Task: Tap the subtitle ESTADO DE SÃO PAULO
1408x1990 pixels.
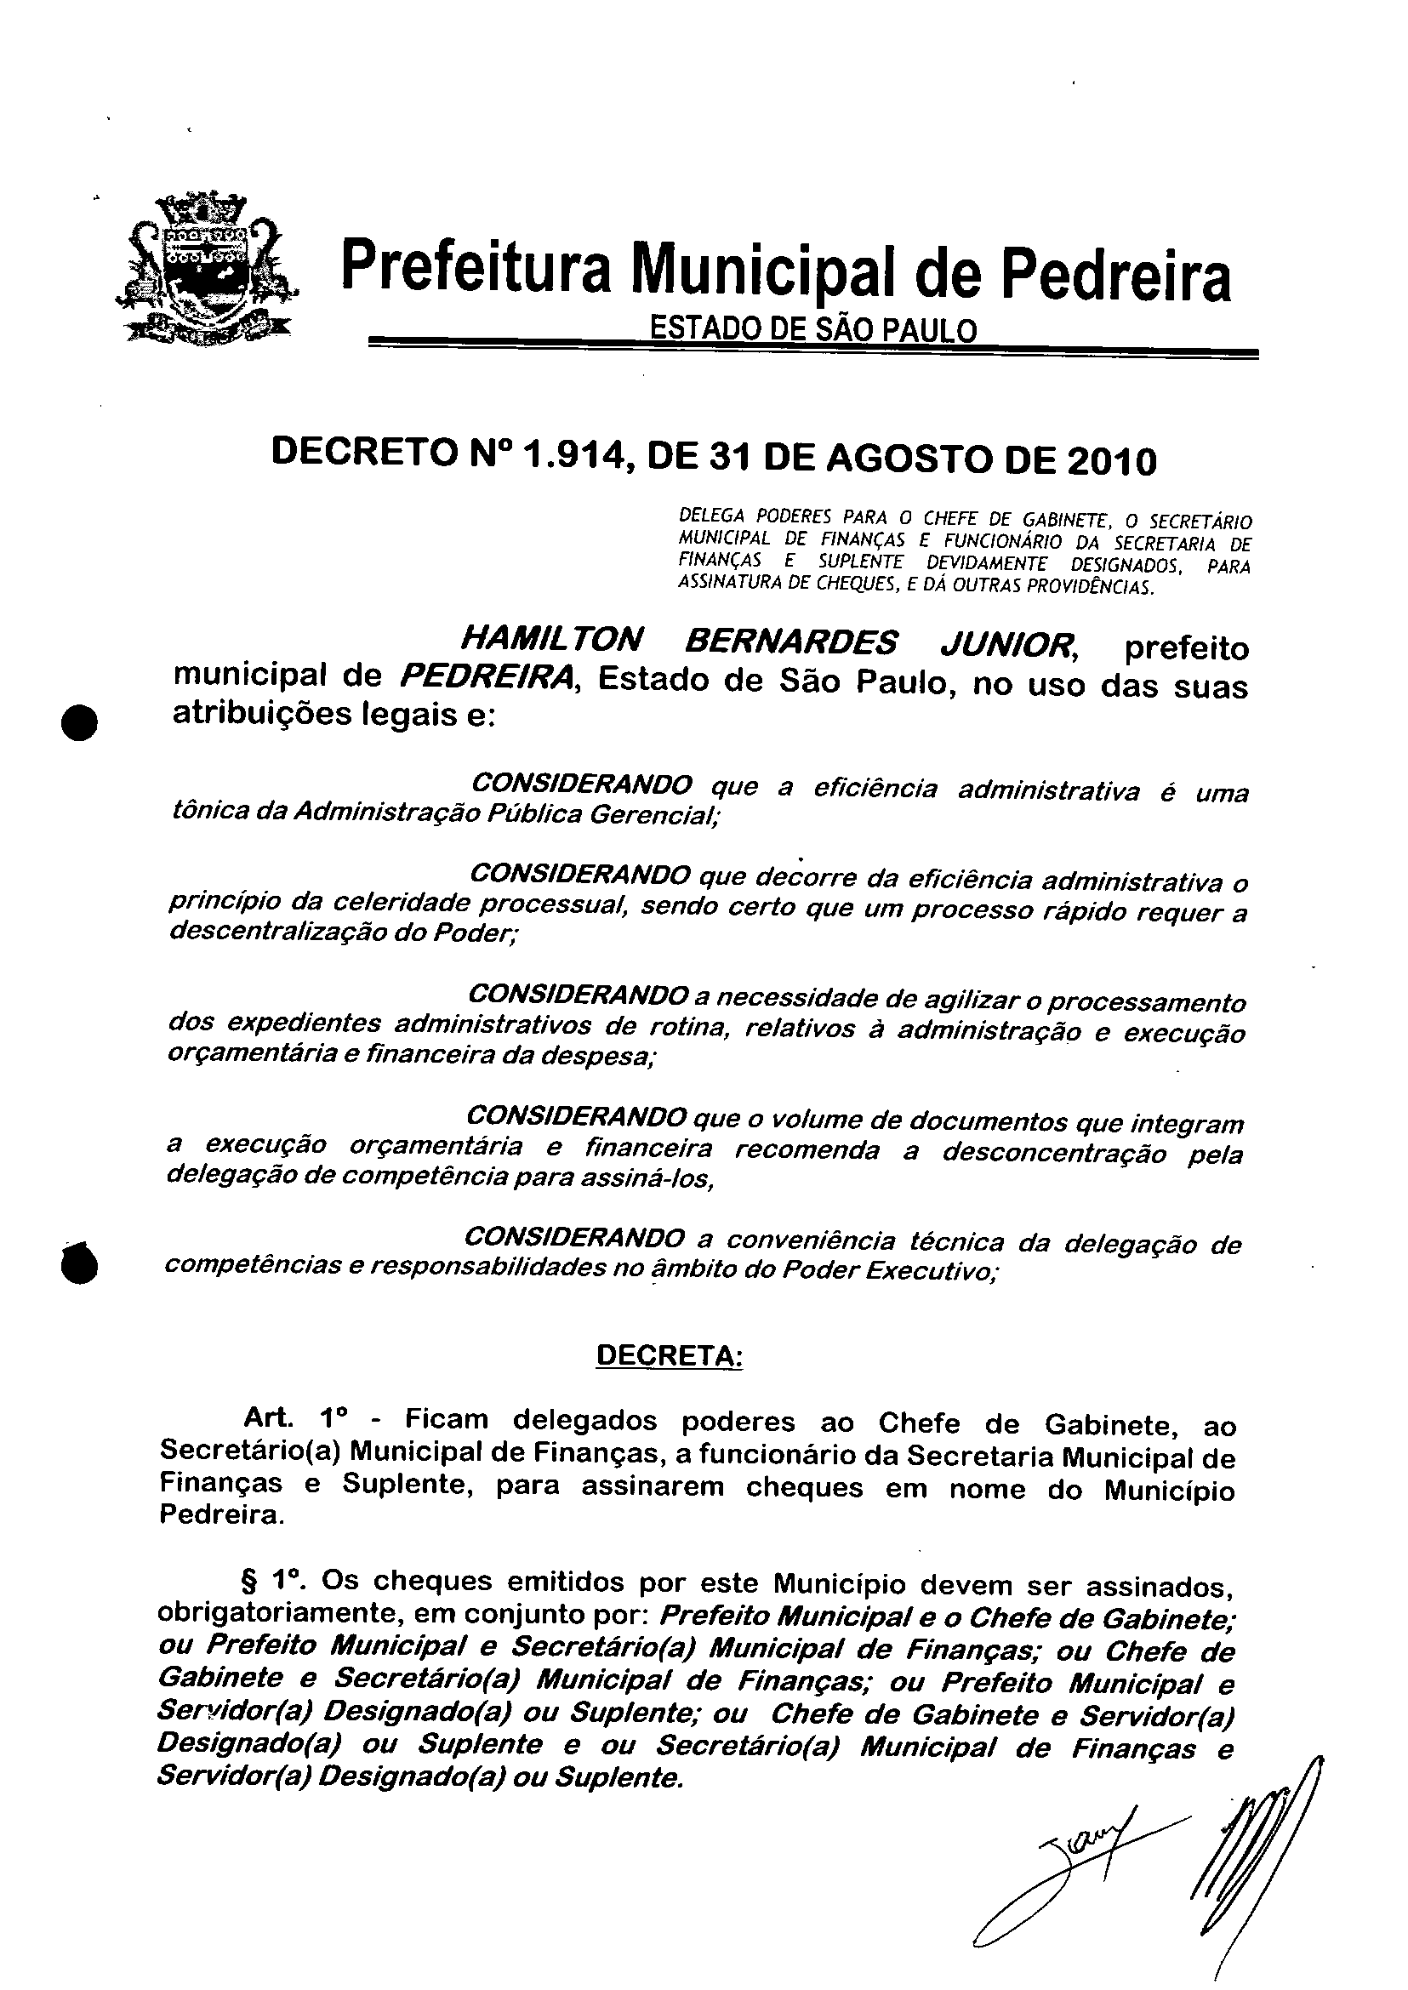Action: pyautogui.click(x=812, y=330)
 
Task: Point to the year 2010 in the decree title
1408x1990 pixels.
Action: pyautogui.click(x=1112, y=461)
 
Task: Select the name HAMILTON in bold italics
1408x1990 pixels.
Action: pyautogui.click(x=551, y=641)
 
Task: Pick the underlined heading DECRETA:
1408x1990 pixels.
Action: pyautogui.click(x=670, y=1355)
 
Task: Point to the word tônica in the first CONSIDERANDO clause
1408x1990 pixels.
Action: pyautogui.click(x=202, y=810)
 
